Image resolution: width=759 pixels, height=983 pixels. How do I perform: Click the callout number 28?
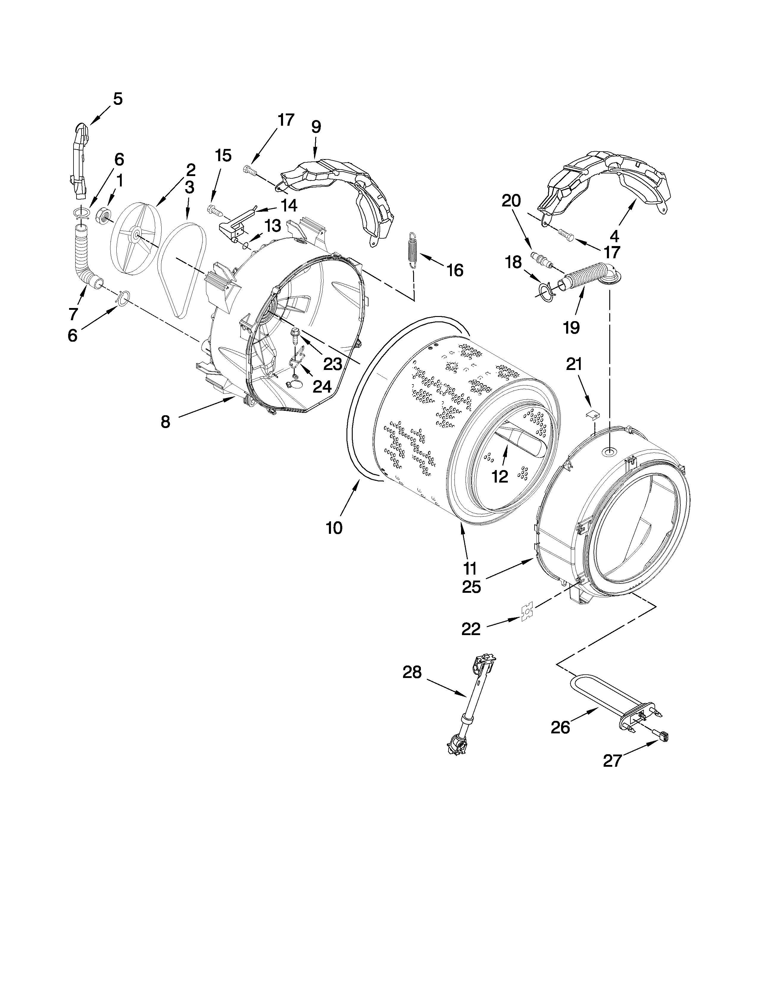[x=412, y=685]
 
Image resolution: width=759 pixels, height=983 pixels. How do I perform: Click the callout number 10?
[x=334, y=528]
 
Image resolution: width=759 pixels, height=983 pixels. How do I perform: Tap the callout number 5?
[x=117, y=99]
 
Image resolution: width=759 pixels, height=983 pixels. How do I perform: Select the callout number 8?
[x=165, y=422]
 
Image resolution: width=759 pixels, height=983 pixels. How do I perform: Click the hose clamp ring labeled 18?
[x=545, y=290]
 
